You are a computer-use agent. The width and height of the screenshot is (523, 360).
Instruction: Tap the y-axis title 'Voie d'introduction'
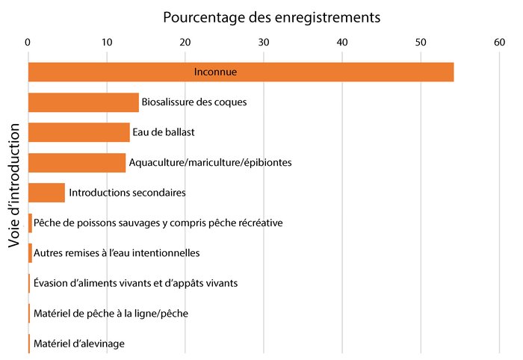pos(14,195)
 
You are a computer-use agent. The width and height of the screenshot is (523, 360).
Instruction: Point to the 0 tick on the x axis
pos(28,43)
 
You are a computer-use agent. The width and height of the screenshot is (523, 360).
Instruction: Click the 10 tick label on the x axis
pos(107,43)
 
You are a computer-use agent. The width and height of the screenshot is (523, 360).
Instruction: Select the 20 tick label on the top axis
pos(185,43)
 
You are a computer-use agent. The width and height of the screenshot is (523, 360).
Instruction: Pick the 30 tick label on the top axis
pos(264,43)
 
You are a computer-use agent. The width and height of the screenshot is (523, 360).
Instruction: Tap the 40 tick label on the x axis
pos(342,43)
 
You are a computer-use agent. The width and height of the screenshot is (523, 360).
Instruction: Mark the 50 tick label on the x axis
pos(421,43)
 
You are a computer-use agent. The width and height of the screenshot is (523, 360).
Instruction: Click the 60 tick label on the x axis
pos(499,43)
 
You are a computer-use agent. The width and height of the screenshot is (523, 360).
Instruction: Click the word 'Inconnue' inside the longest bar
pos(215,72)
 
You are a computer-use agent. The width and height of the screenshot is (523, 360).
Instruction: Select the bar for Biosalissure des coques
pos(83,102)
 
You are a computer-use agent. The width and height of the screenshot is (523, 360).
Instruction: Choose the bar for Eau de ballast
pos(78,132)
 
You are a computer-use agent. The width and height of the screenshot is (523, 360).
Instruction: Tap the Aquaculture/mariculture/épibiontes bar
pos(77,163)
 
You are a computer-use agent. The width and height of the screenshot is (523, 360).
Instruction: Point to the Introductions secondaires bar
pos(46,193)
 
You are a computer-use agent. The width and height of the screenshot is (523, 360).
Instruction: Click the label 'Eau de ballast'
pos(163,133)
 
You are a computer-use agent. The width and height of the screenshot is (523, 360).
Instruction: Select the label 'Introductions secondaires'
pos(127,193)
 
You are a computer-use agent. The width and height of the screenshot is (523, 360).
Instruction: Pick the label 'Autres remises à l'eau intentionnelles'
pos(117,253)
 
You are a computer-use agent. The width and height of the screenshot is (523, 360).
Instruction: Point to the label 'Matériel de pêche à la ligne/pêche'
pos(111,314)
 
